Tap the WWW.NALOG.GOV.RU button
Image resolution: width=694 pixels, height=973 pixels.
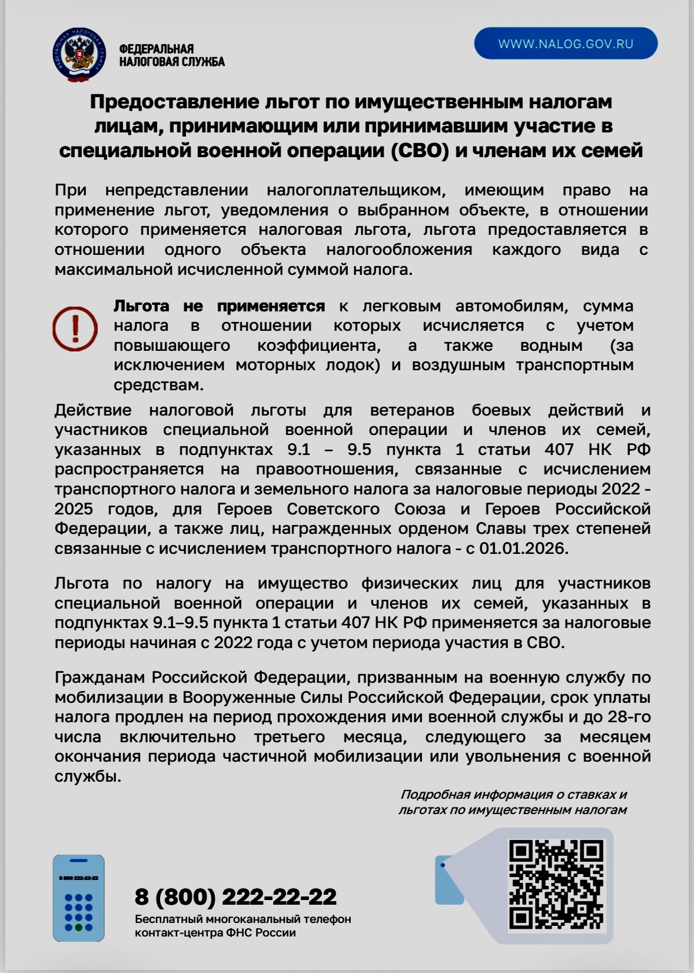566,44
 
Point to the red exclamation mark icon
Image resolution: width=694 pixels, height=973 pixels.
75,328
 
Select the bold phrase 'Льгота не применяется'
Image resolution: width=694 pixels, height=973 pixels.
219,306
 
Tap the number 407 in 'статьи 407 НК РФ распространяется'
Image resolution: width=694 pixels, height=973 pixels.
559,450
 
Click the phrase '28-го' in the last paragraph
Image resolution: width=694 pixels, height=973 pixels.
626,717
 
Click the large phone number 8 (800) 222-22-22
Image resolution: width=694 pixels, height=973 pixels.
235,896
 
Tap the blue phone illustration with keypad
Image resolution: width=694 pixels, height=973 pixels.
78,898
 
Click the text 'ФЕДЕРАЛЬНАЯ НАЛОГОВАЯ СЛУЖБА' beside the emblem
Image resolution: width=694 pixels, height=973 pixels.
171,55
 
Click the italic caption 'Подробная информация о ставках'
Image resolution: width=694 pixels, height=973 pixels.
513,795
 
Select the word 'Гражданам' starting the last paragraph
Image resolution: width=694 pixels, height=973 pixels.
100,678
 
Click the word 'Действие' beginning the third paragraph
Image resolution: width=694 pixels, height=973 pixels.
92,410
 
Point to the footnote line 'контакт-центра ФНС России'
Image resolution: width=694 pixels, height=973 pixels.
215,933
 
